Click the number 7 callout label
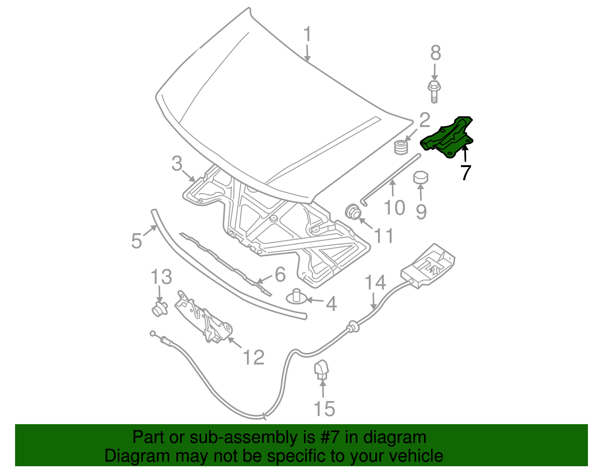466,172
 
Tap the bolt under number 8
434,92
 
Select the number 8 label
435,53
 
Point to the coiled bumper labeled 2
401,147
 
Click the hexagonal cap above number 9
421,177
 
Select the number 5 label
136,240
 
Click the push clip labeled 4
296,297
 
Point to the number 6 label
280,274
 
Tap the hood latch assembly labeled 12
203,317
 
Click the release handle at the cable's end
428,266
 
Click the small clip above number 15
321,370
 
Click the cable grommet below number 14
353,327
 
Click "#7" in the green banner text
329,437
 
